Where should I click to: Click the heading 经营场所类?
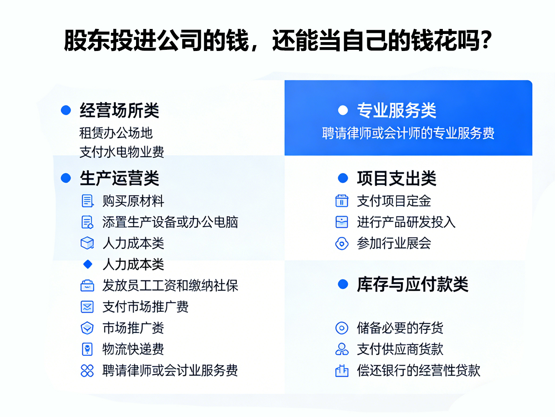pyautogui.click(x=119, y=110)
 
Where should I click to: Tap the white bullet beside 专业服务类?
pyautogui.click(x=343, y=110)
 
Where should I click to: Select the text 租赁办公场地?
pyautogui.click(x=116, y=133)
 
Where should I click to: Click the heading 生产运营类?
pyautogui.click(x=119, y=178)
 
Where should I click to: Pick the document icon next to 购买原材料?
pyautogui.click(x=87, y=201)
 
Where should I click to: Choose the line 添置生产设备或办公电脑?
pyautogui.click(x=170, y=222)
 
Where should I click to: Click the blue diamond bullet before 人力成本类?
pyautogui.click(x=88, y=264)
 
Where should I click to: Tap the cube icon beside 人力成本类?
pyautogui.click(x=87, y=243)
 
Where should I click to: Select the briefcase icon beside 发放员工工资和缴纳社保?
pyautogui.click(x=87, y=286)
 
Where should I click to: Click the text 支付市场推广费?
pyautogui.click(x=145, y=307)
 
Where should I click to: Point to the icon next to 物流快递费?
pyautogui.click(x=87, y=349)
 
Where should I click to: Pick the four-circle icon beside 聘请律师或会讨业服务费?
pyautogui.click(x=87, y=370)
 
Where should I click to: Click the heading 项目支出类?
pyautogui.click(x=396, y=178)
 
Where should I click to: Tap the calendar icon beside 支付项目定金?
pyautogui.click(x=342, y=201)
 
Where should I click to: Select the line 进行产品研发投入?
pyautogui.click(x=406, y=222)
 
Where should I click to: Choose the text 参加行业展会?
pyautogui.click(x=394, y=243)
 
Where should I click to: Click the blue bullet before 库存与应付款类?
pyautogui.click(x=343, y=285)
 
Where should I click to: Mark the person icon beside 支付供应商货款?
pyautogui.click(x=342, y=349)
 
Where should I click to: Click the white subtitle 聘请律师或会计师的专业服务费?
pyautogui.click(x=408, y=133)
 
